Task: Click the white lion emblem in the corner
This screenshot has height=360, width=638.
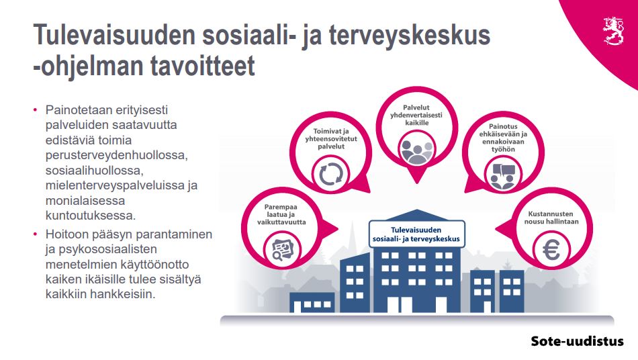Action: click(612, 30)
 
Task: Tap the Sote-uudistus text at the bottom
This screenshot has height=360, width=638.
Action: click(577, 341)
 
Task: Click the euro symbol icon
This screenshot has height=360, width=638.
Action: click(551, 249)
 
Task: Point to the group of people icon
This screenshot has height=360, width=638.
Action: click(416, 151)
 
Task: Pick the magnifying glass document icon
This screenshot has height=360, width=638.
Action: click(282, 250)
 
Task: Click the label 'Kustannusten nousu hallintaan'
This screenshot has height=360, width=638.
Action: click(551, 218)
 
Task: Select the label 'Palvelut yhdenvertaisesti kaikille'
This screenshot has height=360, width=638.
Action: click(416, 115)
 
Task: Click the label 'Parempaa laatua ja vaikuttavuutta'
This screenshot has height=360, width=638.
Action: click(281, 214)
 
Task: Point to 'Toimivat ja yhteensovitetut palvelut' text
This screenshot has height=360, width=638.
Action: click(331, 139)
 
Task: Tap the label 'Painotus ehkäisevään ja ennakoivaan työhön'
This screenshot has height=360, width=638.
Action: click(503, 138)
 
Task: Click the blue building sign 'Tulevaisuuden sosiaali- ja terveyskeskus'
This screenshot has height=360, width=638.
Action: click(416, 234)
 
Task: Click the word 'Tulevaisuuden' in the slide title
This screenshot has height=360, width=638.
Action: click(115, 35)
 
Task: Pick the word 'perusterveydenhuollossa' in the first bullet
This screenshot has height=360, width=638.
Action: click(116, 155)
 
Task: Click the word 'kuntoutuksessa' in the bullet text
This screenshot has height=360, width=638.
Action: click(91, 215)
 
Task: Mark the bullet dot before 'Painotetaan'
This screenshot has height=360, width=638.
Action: click(36, 110)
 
